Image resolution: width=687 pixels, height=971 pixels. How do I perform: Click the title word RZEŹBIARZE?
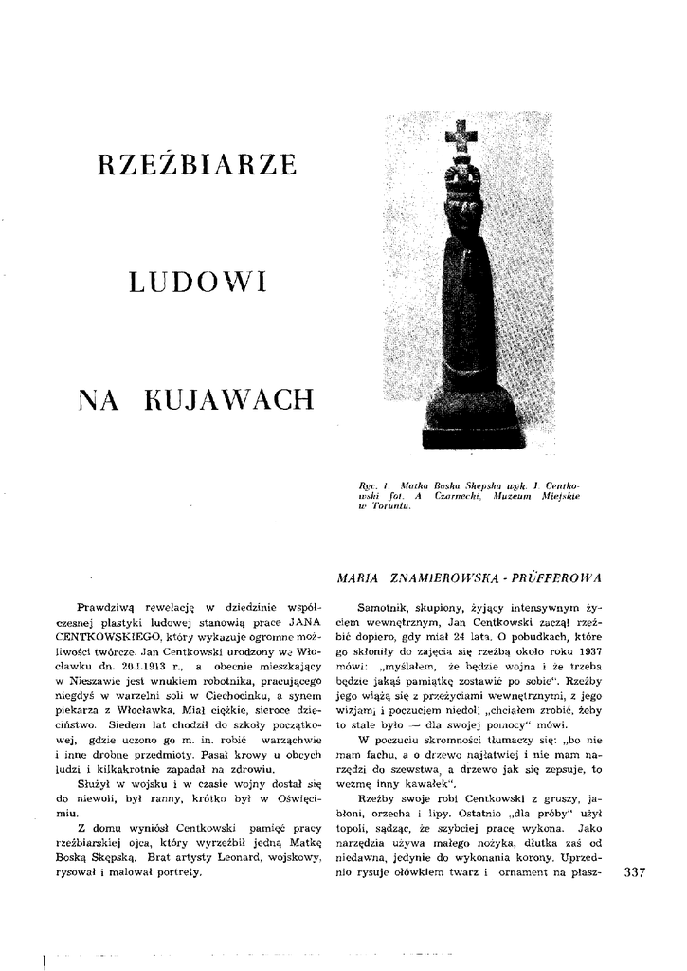(196, 164)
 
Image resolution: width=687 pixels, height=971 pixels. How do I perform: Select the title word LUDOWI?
(196, 281)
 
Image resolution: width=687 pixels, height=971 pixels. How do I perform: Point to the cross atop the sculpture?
(462, 137)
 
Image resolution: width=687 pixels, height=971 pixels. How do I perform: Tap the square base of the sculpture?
(472, 435)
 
